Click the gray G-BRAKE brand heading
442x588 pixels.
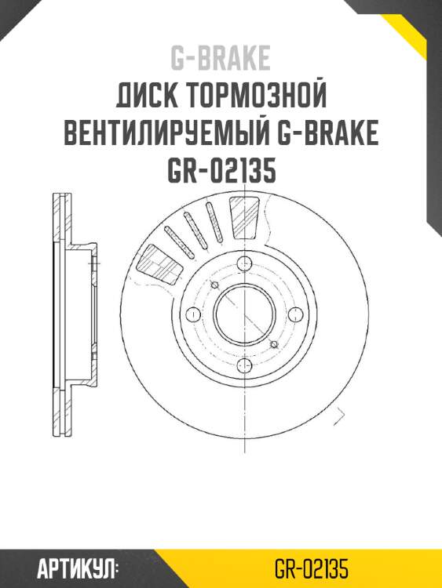pyautogui.click(x=221, y=58)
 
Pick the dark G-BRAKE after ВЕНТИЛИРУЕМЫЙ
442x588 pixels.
pyautogui.click(x=329, y=134)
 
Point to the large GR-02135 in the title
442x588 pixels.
pyautogui.click(x=221, y=172)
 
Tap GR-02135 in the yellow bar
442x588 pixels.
pyautogui.click(x=312, y=568)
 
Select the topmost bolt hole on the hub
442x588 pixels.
pyautogui.click(x=243, y=263)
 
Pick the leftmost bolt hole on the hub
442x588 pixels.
pyautogui.click(x=192, y=314)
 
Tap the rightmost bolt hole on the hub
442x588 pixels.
pyautogui.click(x=295, y=314)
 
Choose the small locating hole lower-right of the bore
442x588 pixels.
pyautogui.click(x=273, y=344)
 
